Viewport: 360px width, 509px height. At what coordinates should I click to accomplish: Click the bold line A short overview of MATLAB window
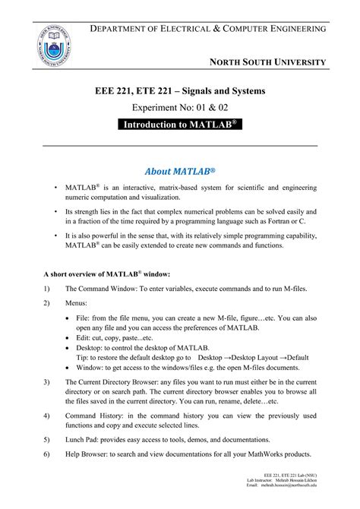pos(112,273)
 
